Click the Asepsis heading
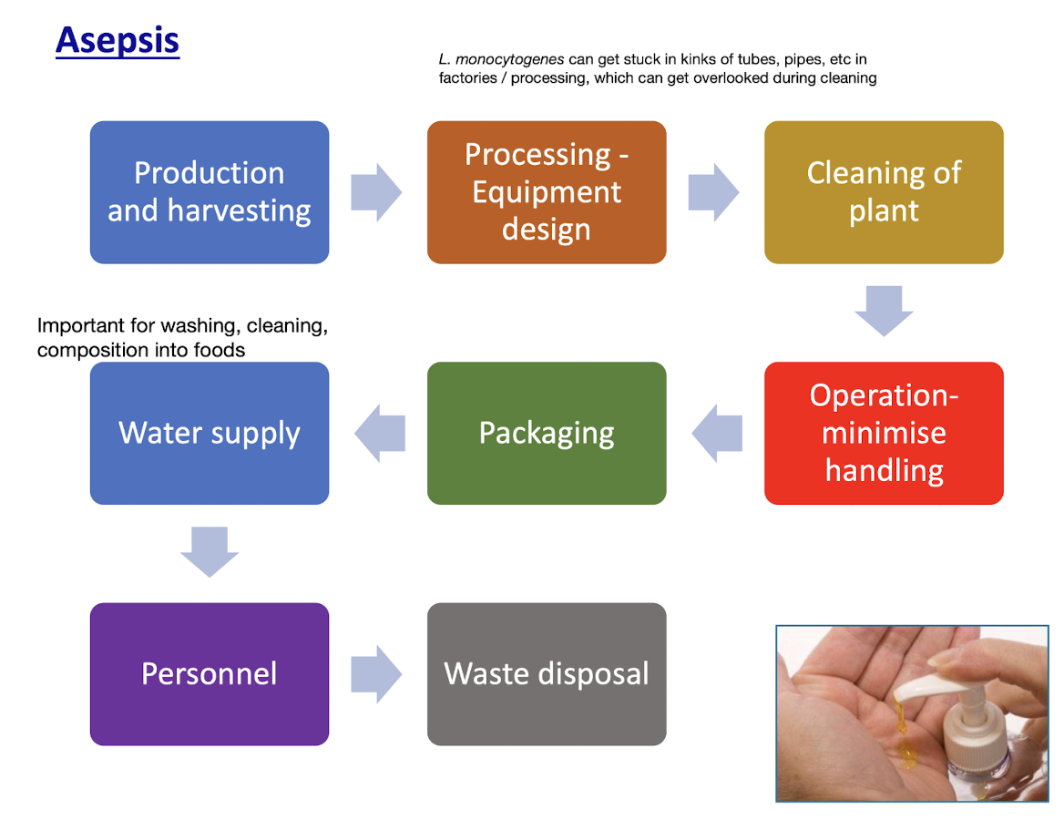point(118,41)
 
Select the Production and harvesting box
point(210,192)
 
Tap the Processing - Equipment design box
point(547,192)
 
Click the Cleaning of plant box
point(884,192)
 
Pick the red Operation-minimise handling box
point(884,433)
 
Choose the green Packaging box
point(547,433)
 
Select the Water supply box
point(210,433)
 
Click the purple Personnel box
point(210,673)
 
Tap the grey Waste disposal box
point(547,673)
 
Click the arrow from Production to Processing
point(376,192)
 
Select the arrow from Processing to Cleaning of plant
point(713,192)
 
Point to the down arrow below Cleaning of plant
point(884,311)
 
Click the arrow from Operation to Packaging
point(717,433)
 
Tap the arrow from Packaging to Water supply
point(380,433)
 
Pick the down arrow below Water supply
point(210,551)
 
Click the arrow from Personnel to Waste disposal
point(376,673)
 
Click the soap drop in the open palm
point(908,754)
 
